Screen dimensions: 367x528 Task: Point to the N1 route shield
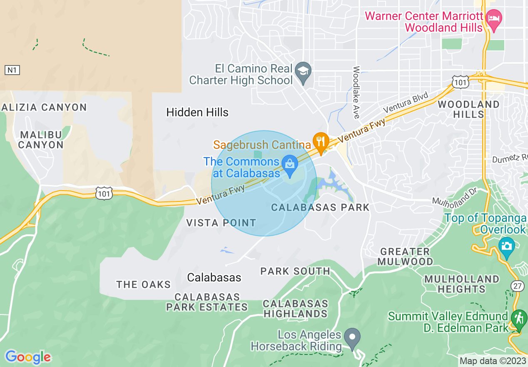pos(12,70)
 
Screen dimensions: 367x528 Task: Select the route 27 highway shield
pos(517,286)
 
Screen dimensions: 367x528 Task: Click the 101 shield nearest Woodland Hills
pos(461,82)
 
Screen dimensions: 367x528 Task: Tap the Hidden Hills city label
pos(197,112)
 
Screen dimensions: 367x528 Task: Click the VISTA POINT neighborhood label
pos(221,223)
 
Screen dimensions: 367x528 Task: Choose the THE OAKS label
pos(144,284)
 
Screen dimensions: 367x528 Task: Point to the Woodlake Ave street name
pos(356,92)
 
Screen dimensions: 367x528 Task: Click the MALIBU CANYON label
pos(41,140)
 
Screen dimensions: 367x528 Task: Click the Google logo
pos(28,357)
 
